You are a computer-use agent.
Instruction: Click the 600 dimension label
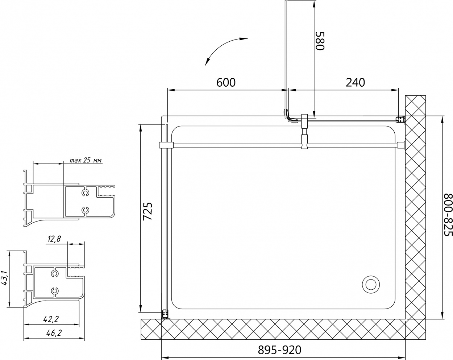(226, 82)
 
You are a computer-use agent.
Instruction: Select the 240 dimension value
(355, 82)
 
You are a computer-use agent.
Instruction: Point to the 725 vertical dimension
(147, 211)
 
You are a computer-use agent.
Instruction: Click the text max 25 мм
(86, 160)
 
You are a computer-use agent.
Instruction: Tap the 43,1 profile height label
(5, 278)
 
